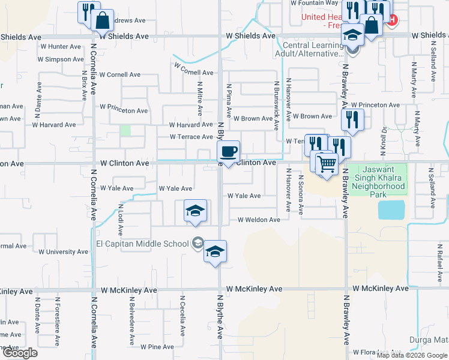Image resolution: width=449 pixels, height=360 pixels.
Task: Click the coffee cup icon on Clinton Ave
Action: (x=228, y=151)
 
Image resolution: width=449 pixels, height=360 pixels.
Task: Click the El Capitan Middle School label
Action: (x=142, y=244)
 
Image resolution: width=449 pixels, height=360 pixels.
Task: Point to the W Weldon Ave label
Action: (x=259, y=220)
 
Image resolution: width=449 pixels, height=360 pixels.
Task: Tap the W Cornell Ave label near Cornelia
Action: (x=120, y=75)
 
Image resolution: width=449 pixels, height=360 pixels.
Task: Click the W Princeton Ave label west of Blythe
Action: (x=124, y=110)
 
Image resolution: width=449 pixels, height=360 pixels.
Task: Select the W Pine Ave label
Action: (x=157, y=347)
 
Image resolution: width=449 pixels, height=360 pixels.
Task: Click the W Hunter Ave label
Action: (x=60, y=46)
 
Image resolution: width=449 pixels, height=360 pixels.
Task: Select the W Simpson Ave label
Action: (x=61, y=59)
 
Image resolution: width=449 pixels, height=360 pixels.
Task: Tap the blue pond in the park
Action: (x=391, y=210)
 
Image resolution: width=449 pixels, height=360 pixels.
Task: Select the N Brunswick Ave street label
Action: (x=277, y=107)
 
